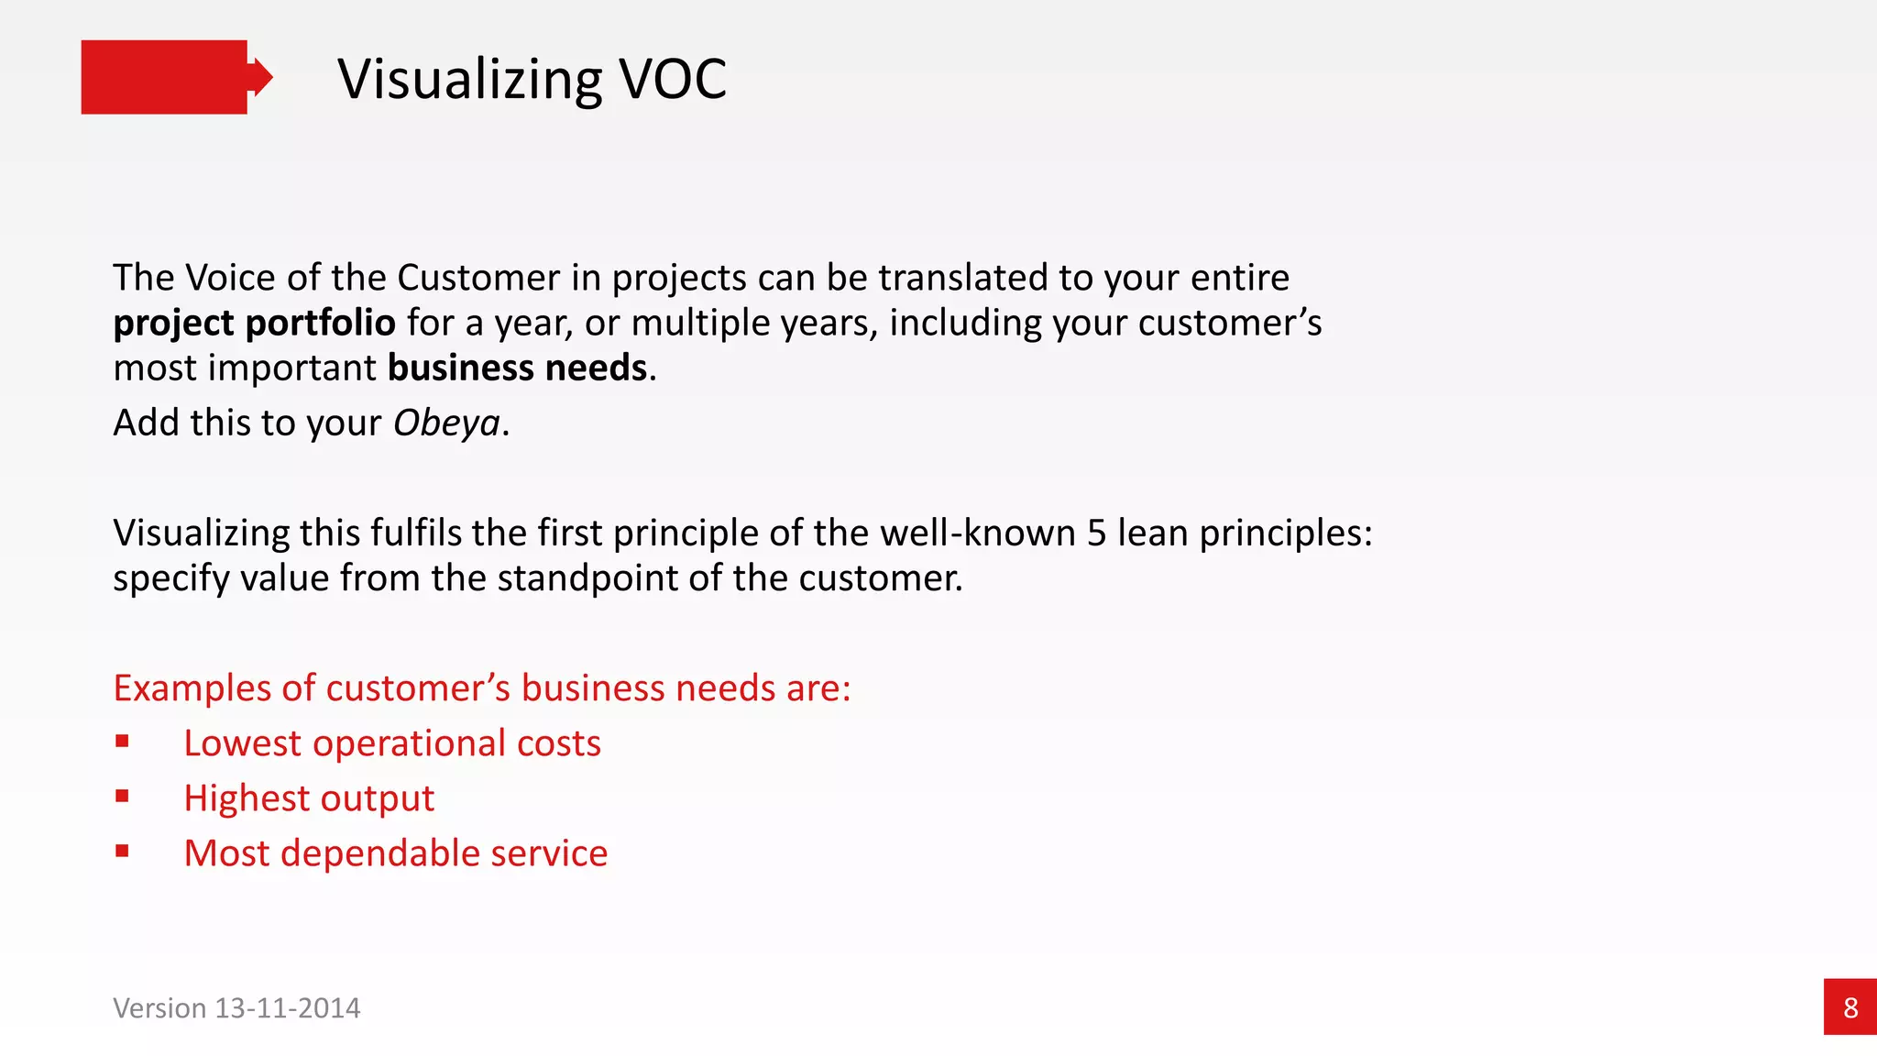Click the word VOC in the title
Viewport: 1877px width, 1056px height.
673,79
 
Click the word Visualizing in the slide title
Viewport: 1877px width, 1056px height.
470,79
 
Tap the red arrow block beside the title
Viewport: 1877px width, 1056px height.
170,77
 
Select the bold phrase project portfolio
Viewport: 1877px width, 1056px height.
254,323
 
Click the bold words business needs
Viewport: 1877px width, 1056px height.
517,368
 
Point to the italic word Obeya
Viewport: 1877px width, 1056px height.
446,423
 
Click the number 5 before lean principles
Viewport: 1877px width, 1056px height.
1096,533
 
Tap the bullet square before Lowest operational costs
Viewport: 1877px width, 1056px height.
122,741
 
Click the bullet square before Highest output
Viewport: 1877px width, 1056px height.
122,796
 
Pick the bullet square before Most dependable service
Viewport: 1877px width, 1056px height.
122,851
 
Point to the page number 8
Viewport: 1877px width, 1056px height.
1850,1007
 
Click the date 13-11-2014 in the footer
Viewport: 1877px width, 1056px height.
287,1008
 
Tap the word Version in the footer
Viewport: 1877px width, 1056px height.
159,1008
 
